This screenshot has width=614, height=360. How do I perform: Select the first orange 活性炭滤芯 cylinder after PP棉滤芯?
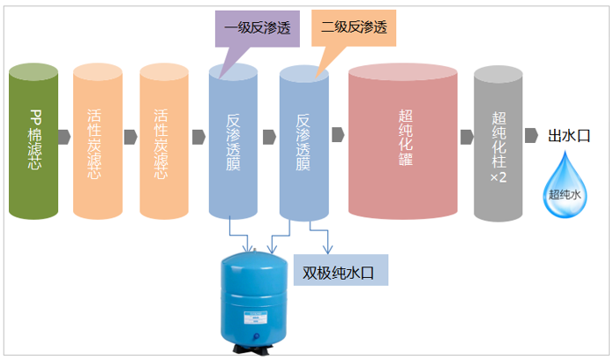97,141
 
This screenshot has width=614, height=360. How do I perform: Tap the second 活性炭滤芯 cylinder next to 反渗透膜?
163,141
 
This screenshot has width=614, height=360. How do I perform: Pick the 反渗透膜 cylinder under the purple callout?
233,141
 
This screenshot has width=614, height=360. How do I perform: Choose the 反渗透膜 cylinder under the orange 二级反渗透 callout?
303,141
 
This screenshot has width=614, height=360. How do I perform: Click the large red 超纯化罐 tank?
402,141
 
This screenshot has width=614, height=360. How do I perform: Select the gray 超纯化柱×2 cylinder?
498,141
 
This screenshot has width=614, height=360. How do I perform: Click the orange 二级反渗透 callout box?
354,27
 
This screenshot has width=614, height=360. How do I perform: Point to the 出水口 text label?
568,136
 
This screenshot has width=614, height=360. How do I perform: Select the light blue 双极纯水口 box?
340,273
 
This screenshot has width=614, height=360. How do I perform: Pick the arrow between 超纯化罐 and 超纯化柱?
465,137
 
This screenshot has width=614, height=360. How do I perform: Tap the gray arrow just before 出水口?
532,136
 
